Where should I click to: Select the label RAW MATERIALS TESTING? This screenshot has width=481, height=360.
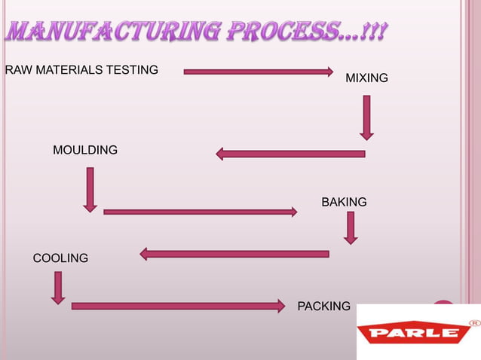(x=81, y=70)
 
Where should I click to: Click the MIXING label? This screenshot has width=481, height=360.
(x=366, y=78)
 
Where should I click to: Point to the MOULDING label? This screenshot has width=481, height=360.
(x=85, y=150)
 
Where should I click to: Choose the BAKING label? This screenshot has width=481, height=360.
(x=344, y=202)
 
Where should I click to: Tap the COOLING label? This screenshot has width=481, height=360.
(x=60, y=258)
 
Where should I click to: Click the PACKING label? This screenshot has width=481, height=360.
(x=324, y=306)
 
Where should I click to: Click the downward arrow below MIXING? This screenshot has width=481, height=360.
(x=366, y=117)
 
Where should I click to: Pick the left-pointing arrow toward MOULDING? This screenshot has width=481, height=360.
(x=290, y=154)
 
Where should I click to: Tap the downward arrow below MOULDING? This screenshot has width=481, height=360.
(x=90, y=189)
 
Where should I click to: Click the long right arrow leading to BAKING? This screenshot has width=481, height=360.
(x=200, y=212)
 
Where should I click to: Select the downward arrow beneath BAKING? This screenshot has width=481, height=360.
(x=351, y=227)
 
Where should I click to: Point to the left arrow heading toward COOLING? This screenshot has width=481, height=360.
(x=234, y=254)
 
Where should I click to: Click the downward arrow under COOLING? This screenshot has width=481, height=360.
(x=58, y=288)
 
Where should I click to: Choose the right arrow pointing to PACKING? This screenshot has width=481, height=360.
(x=178, y=306)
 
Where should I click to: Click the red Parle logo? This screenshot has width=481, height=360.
(x=412, y=333)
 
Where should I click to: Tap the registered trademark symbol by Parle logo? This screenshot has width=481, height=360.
(x=474, y=322)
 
